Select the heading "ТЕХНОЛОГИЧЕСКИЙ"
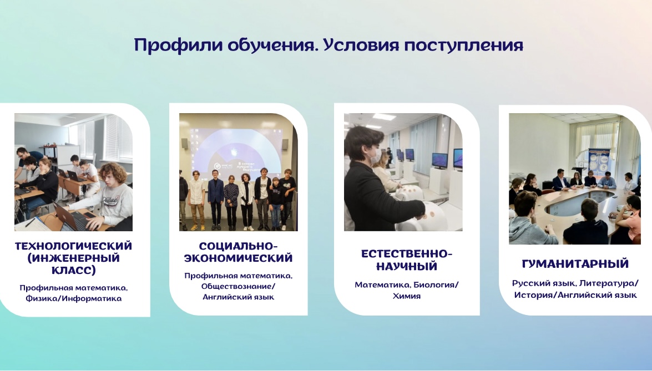74,246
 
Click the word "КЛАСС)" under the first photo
74,271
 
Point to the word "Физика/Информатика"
74,298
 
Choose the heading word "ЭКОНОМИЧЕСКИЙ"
238,258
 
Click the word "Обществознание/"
238,286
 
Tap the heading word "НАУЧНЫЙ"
407,266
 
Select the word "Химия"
407,296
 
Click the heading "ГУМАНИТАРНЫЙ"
575,264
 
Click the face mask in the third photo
376,156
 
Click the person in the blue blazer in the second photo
215,199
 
